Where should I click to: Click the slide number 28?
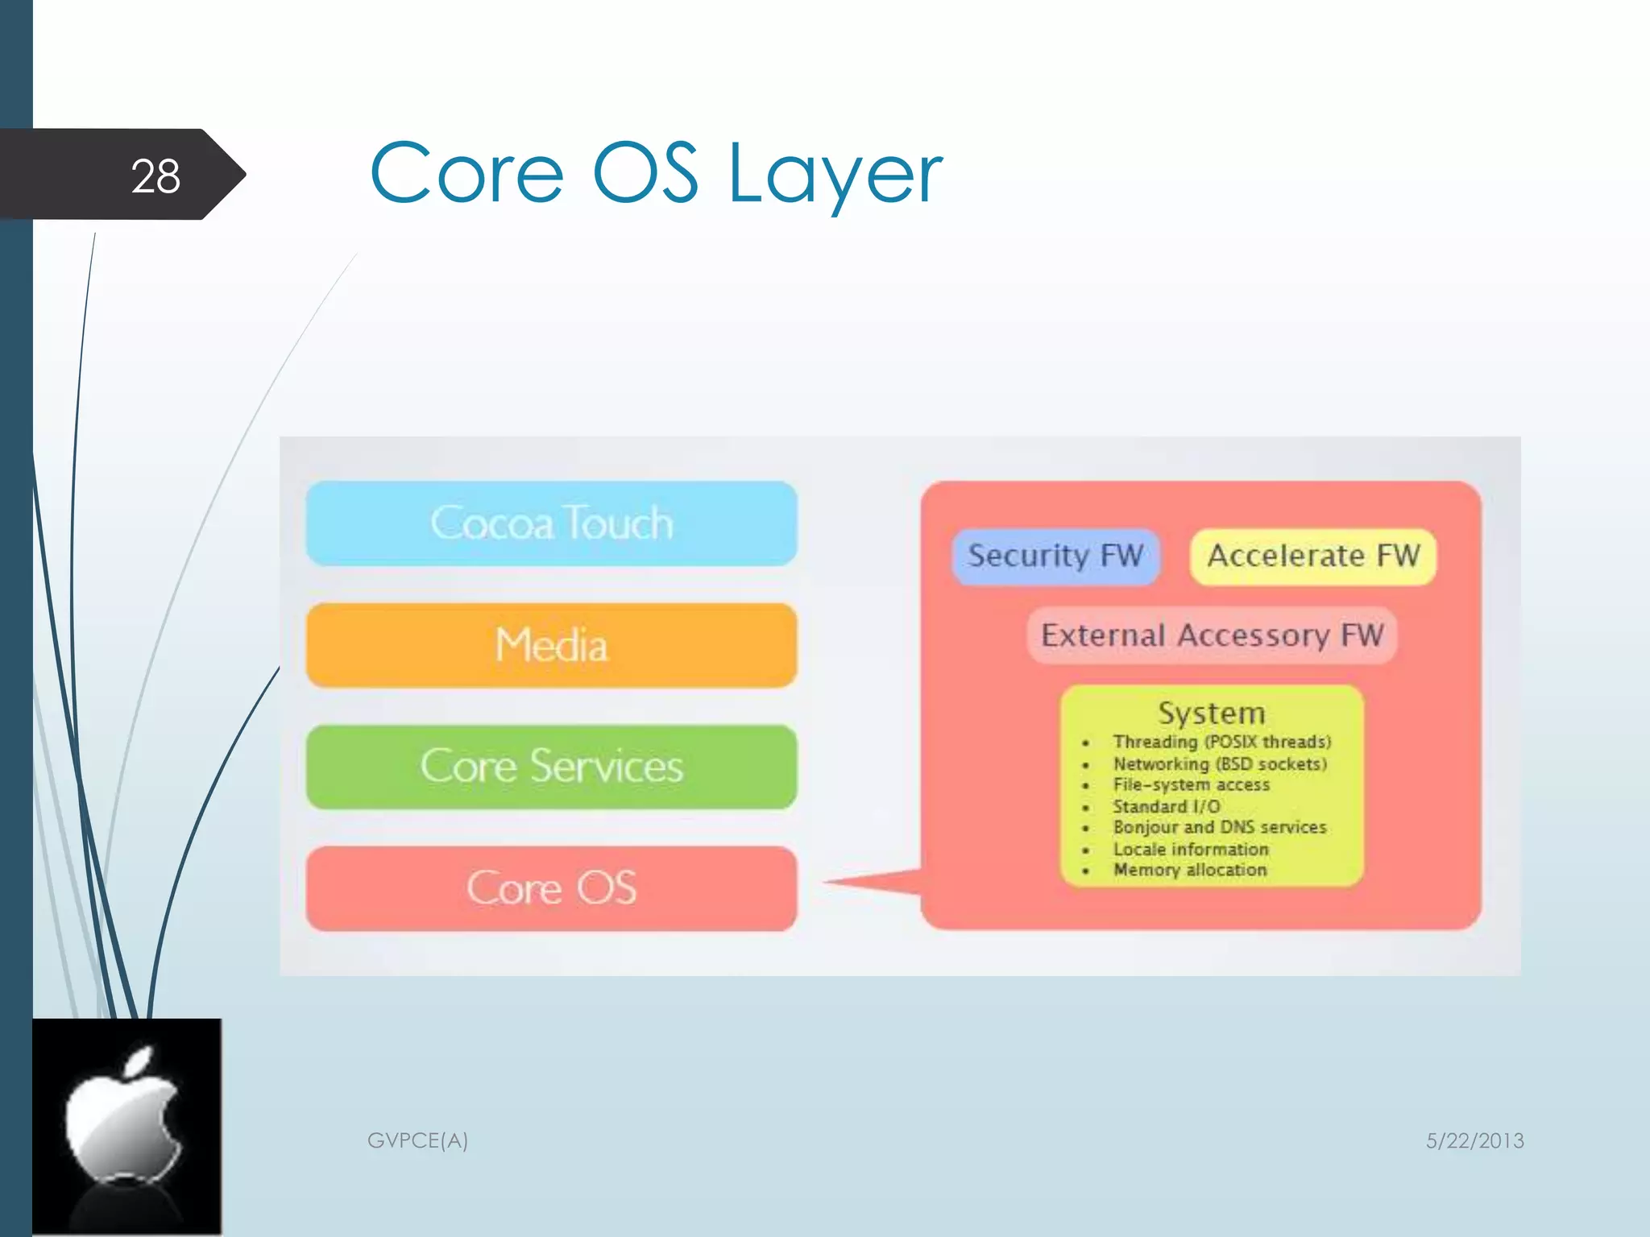coord(155,176)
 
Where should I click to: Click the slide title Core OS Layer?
coord(656,173)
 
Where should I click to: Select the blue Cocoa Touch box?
coord(552,523)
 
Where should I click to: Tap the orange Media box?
coord(552,645)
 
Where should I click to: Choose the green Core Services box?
coord(552,766)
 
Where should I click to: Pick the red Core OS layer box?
coord(552,888)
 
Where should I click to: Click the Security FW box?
coord(1055,556)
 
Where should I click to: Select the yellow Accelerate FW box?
coord(1313,556)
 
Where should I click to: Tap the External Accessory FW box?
coord(1212,635)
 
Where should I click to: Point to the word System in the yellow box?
coord(1212,713)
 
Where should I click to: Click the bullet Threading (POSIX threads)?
coord(1221,742)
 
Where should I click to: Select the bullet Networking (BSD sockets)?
coord(1220,763)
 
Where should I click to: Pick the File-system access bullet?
coord(1191,784)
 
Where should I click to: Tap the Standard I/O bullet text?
coord(1166,806)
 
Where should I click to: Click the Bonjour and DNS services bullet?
coord(1219,827)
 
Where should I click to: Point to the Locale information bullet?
coord(1191,849)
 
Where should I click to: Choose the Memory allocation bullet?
coord(1190,870)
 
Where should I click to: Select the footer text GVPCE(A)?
coord(417,1140)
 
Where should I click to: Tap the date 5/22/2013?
coord(1474,1140)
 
